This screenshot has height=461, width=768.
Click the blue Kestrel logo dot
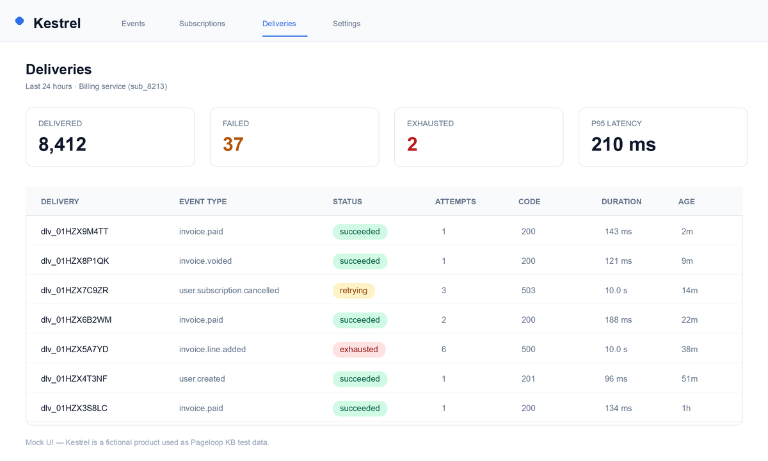(x=20, y=21)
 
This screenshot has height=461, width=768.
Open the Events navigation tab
(x=133, y=24)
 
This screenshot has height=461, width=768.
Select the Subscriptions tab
(x=202, y=24)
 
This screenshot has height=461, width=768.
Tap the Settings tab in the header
(x=346, y=24)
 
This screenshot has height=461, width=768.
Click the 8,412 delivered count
(x=63, y=144)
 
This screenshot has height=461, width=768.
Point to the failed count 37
(x=233, y=144)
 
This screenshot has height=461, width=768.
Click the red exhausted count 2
(x=412, y=144)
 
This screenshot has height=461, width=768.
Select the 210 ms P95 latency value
(x=623, y=144)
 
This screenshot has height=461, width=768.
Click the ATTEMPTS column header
(x=455, y=202)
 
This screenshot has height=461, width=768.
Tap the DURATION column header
(x=621, y=202)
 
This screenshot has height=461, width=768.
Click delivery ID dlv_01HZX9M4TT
(x=74, y=232)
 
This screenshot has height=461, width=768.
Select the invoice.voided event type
(x=205, y=261)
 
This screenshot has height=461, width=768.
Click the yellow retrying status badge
(x=353, y=291)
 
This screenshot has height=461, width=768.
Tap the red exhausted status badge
(x=359, y=350)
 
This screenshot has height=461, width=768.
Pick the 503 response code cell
(x=529, y=291)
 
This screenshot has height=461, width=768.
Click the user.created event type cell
(x=202, y=378)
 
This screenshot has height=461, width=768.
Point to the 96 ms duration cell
(x=616, y=378)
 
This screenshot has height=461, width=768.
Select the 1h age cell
(x=686, y=408)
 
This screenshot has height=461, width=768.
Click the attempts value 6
(x=444, y=350)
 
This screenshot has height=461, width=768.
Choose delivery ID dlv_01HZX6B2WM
(x=76, y=320)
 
